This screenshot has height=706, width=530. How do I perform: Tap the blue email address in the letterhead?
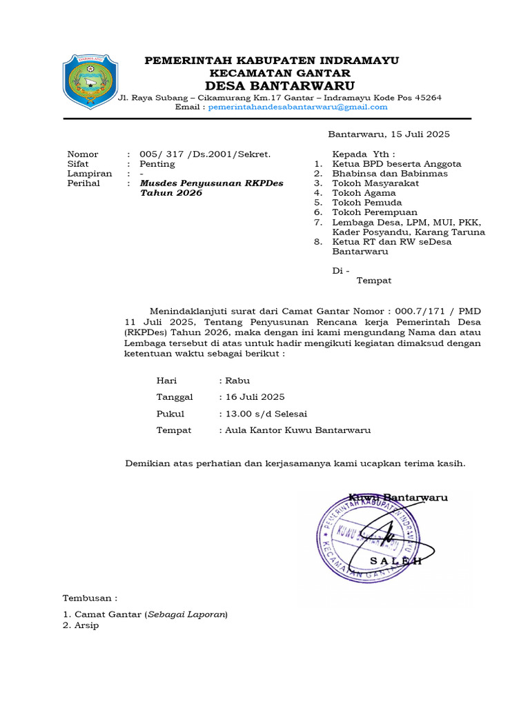297,108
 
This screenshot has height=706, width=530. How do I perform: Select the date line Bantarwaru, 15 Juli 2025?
389,134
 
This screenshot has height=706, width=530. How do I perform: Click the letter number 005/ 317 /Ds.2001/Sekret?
205,154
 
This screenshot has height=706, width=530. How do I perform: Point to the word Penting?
157,165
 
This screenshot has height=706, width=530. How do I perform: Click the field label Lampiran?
89,174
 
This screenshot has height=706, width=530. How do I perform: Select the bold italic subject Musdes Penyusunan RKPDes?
211,184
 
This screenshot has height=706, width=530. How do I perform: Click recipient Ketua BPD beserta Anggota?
397,164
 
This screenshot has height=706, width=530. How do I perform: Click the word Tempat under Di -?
373,281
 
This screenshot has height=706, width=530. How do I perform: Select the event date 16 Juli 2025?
253,397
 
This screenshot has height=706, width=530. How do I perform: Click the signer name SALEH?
396,562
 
